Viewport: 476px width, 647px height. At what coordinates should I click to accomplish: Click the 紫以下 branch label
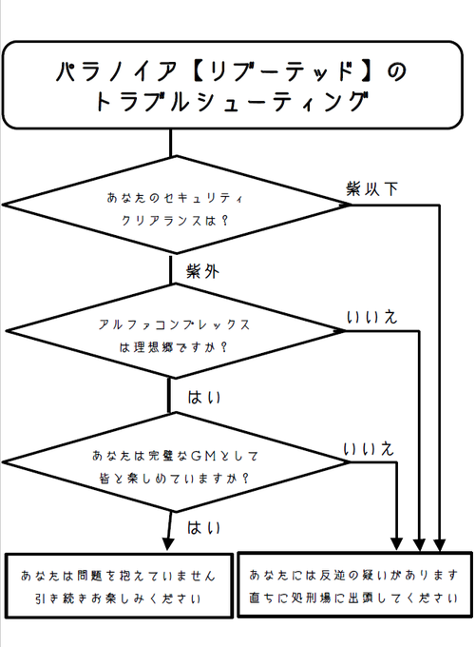tap(372, 187)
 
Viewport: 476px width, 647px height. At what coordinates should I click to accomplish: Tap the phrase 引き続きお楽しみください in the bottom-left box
tap(119, 600)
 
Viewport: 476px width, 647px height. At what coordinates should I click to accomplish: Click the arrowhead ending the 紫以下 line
tap(440, 544)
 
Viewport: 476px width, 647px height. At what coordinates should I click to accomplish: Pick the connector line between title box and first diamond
tap(171, 143)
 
